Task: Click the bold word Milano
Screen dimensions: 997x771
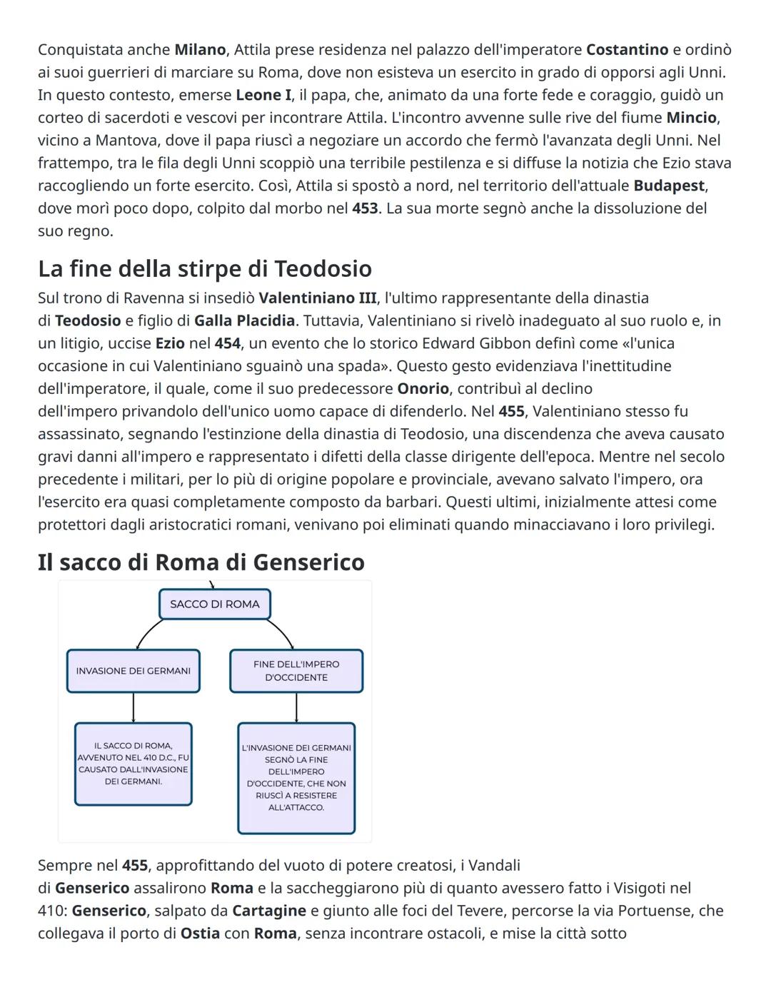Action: (200, 50)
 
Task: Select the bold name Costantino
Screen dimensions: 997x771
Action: (627, 50)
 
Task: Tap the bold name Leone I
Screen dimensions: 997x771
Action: (263, 95)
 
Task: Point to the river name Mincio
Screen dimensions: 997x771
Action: (691, 118)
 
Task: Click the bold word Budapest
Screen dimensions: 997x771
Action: (669, 186)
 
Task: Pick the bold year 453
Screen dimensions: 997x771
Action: (365, 208)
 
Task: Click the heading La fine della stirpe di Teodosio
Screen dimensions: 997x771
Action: (205, 268)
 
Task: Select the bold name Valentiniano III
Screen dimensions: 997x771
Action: (317, 298)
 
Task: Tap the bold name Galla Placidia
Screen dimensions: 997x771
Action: (244, 320)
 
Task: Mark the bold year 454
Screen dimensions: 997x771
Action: (228, 343)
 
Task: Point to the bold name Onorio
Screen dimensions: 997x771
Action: (423, 389)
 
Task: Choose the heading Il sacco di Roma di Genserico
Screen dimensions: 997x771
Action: (201, 562)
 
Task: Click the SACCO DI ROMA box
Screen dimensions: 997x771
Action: (215, 604)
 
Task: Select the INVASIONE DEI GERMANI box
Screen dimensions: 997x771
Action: (133, 671)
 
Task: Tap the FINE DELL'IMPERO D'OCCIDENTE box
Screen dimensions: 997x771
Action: (296, 671)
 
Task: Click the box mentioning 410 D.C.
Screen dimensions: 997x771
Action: (133, 764)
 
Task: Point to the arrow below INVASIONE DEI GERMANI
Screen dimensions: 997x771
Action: (133, 708)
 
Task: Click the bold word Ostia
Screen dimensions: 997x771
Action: (200, 933)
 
